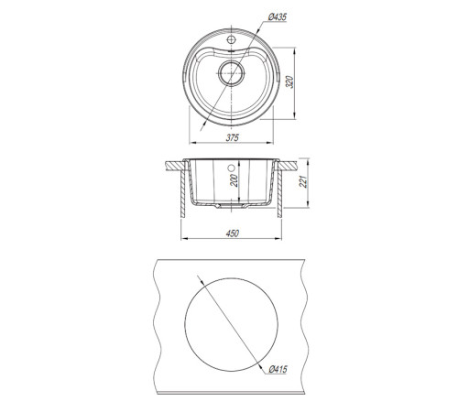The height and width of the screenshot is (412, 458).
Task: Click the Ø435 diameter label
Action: (x=278, y=17)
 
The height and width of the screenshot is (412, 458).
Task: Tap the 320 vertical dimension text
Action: (x=289, y=81)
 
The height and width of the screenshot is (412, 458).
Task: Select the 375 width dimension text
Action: (x=232, y=137)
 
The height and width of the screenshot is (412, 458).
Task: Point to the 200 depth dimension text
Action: (x=234, y=180)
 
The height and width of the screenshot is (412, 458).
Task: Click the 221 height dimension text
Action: (x=303, y=182)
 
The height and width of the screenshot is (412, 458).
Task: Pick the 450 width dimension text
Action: (x=232, y=233)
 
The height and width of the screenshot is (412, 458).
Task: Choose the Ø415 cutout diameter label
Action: (x=278, y=369)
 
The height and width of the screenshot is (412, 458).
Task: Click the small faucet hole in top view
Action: (x=231, y=39)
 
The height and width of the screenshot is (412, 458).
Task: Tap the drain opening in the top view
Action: (x=232, y=73)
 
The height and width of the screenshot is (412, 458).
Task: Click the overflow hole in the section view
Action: (x=231, y=168)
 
